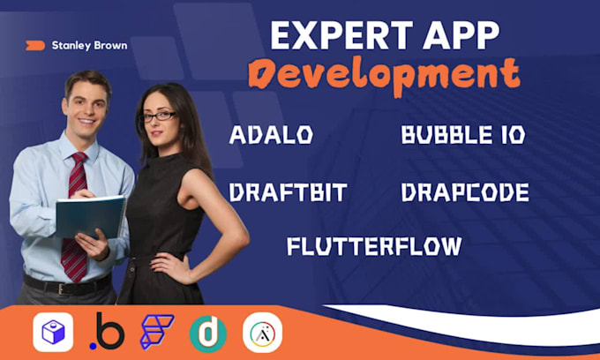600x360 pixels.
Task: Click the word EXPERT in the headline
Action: pos(341,35)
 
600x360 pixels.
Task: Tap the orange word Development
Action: pos(384,76)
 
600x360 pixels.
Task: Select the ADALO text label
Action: pos(271,135)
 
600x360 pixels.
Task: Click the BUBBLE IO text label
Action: pos(463,135)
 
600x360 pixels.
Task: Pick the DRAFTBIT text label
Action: pos(289,192)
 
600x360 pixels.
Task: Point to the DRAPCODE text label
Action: pos(465,192)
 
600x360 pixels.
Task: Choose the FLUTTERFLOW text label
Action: pos(375,246)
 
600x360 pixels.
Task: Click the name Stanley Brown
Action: pos(89,46)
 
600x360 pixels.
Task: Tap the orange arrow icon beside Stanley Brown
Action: pos(35,46)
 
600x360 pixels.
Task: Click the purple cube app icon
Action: pos(53,332)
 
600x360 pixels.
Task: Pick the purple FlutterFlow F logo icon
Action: pos(156,332)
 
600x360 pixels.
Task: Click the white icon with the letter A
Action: pos(263,333)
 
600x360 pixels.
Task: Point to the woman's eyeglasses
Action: pos(160,116)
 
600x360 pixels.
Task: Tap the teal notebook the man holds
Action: pos(91,217)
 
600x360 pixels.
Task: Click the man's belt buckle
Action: pos(61,289)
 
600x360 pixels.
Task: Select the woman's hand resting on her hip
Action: pos(169,268)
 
